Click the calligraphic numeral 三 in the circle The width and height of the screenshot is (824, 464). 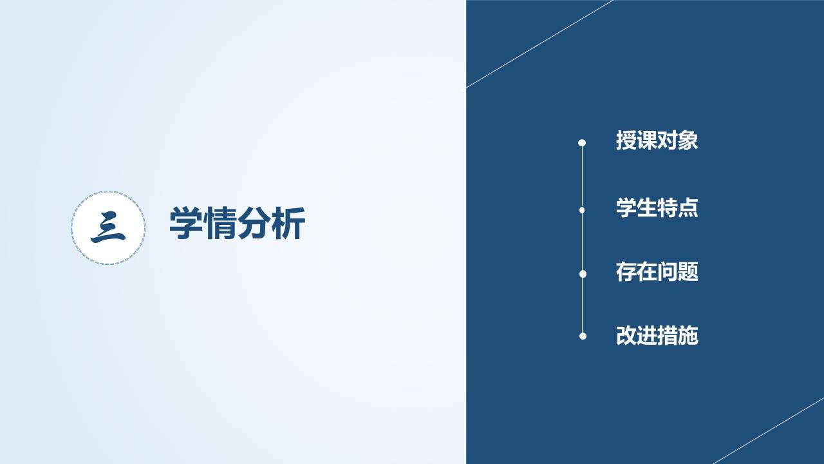(108, 227)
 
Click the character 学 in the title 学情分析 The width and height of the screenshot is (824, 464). (186, 223)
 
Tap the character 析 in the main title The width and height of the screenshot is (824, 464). (288, 223)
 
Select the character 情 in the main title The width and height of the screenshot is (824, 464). (220, 223)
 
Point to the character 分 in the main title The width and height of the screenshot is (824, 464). (254, 223)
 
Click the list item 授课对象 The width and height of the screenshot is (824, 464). (657, 140)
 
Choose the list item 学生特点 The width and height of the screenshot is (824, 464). (657, 208)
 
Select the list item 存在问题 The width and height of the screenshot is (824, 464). (657, 272)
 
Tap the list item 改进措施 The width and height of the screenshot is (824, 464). (657, 336)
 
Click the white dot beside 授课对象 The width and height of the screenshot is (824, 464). (582, 143)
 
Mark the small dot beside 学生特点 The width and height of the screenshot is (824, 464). (582, 210)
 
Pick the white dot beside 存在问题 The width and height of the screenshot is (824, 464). (583, 274)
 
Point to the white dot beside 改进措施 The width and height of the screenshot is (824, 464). (583, 336)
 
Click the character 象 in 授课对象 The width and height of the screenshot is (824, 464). (688, 140)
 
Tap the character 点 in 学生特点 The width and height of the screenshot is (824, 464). (688, 208)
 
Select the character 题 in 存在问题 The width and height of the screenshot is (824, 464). (688, 272)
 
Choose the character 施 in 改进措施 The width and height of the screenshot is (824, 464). (688, 336)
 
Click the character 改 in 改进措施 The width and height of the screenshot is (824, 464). (626, 336)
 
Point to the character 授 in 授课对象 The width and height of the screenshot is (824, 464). (626, 140)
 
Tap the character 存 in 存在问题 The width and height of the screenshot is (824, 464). (626, 272)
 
